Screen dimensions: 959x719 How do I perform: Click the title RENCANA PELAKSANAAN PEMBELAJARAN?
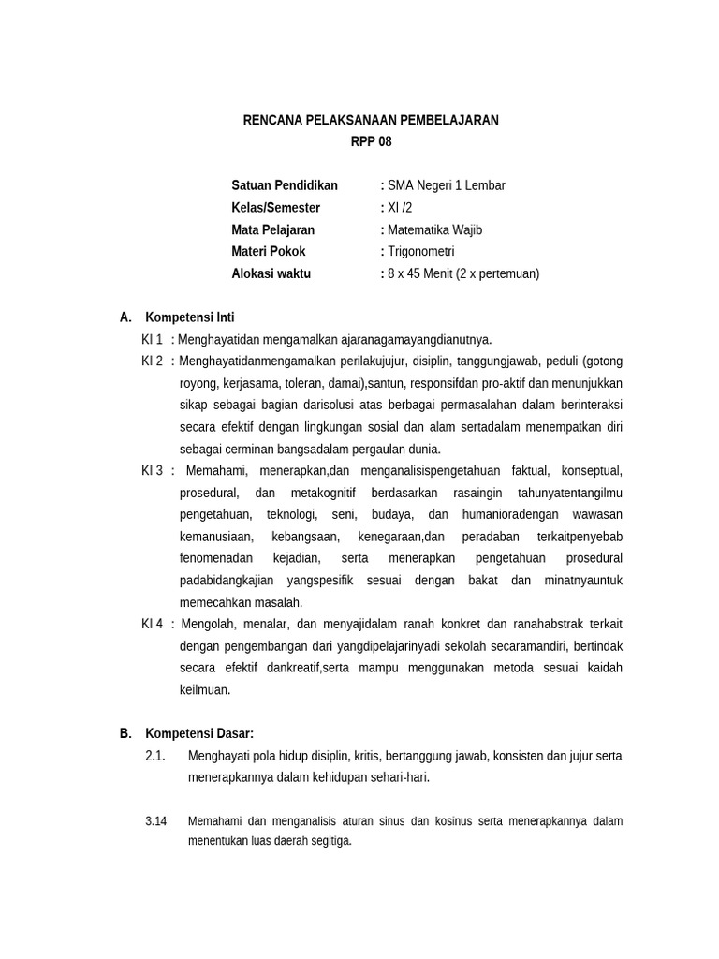(x=371, y=120)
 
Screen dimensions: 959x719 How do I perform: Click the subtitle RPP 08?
(x=371, y=142)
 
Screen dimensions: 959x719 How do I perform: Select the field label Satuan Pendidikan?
(x=285, y=185)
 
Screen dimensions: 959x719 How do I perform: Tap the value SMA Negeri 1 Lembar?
(x=446, y=185)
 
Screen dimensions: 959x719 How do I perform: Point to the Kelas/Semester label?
(x=275, y=208)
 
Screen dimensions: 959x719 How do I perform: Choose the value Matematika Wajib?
(x=435, y=229)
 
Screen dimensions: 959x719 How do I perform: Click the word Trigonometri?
(x=421, y=252)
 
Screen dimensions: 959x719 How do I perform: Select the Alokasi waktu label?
(x=271, y=274)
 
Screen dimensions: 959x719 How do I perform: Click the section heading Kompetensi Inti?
(x=196, y=317)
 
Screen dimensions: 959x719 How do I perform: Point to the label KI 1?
(x=153, y=339)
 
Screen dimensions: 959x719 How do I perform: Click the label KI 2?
(x=153, y=361)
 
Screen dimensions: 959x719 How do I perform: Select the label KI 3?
(x=153, y=470)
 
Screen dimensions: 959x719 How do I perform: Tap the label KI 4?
(x=153, y=624)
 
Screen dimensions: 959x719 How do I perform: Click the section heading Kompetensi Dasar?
(x=199, y=733)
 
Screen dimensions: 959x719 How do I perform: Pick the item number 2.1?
(x=155, y=756)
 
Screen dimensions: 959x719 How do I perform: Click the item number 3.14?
(x=156, y=821)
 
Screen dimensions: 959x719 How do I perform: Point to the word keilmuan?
(x=204, y=690)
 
